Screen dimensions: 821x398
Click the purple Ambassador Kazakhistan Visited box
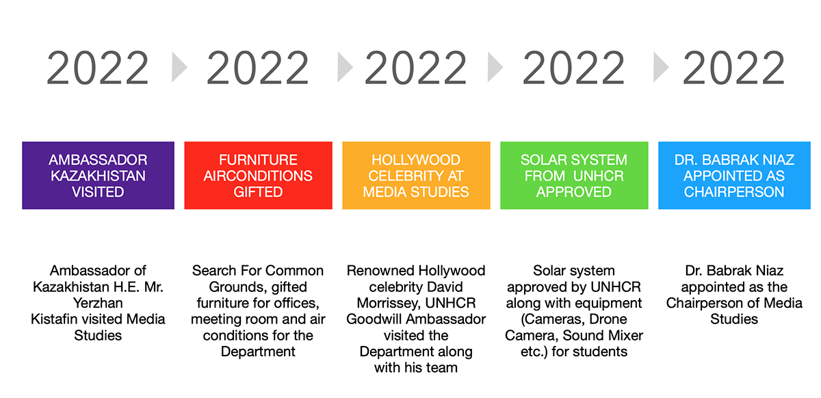tap(99, 176)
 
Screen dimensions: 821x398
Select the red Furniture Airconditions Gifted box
tap(259, 176)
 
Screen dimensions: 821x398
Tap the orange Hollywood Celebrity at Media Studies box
tap(417, 176)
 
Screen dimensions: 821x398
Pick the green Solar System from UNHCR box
tap(574, 176)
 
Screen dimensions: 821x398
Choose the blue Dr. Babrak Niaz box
tap(735, 176)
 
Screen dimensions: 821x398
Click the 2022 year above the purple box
tap(98, 68)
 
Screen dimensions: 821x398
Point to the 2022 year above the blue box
tap(733, 68)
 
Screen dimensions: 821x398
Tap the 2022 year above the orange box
tap(416, 68)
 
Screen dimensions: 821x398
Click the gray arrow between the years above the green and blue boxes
tap(661, 67)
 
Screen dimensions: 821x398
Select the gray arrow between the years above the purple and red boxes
tap(179, 67)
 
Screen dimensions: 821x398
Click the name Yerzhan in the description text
tap(98, 304)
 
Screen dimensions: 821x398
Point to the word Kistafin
tap(54, 319)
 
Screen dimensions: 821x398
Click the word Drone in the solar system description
tap(608, 319)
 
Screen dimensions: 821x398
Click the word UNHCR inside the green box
tap(599, 176)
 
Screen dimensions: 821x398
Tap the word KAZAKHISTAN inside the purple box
tap(98, 176)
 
